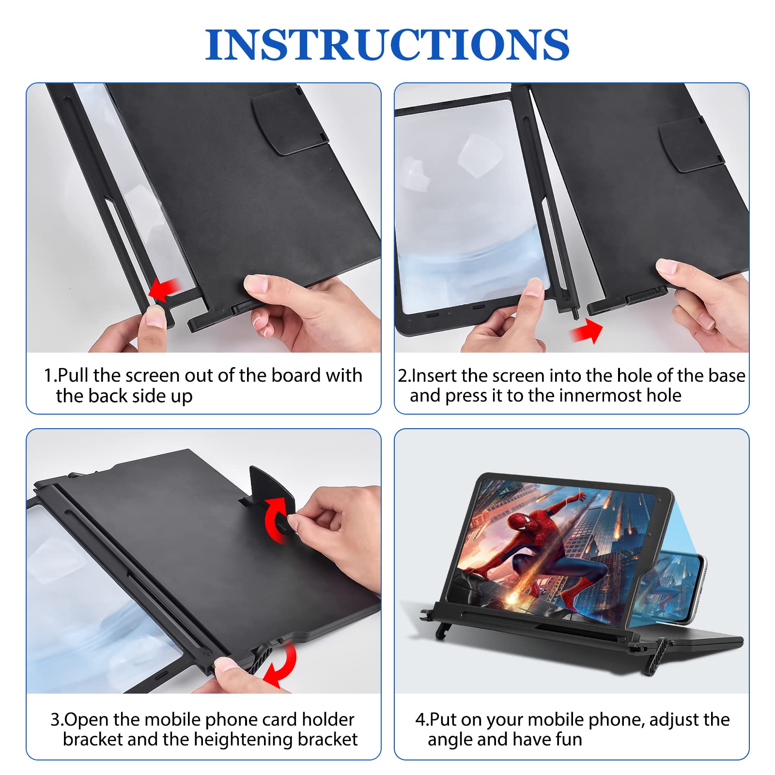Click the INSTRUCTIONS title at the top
pos(387,45)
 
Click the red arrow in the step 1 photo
pos(165,290)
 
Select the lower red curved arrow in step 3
pos(281,663)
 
